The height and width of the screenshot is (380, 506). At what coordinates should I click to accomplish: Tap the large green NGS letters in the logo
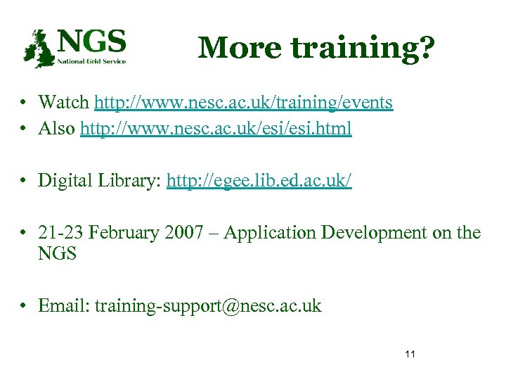92,41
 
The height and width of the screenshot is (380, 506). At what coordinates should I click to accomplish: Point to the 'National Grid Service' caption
92,61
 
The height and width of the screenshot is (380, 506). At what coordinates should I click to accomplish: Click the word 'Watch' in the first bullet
64,103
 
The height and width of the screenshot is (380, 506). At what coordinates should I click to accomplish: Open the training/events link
244,103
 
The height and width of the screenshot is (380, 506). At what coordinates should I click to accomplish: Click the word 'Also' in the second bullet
58,129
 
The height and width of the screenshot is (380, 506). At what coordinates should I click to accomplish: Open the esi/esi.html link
216,129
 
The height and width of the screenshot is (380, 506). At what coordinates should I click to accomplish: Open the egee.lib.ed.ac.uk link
259,181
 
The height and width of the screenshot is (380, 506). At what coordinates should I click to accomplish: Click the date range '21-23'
60,233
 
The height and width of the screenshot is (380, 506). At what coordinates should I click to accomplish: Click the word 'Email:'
64,305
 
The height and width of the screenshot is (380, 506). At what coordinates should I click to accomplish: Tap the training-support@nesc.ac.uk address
208,306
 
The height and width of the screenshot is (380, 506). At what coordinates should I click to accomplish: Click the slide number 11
410,353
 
